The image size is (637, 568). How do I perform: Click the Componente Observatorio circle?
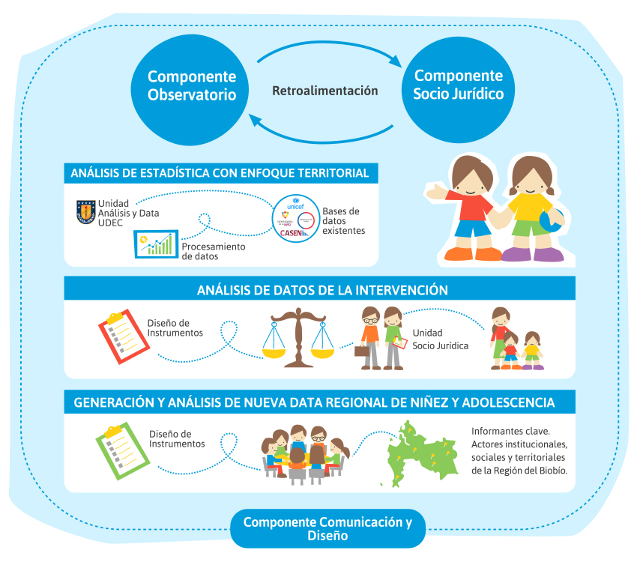[191, 86]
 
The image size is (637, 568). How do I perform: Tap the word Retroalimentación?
[324, 91]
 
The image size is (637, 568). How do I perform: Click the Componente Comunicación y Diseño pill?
[327, 529]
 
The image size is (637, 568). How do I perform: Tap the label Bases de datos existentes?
[343, 220]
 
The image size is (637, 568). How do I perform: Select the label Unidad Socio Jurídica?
[440, 339]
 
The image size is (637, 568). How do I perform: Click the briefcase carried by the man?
[362, 350]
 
